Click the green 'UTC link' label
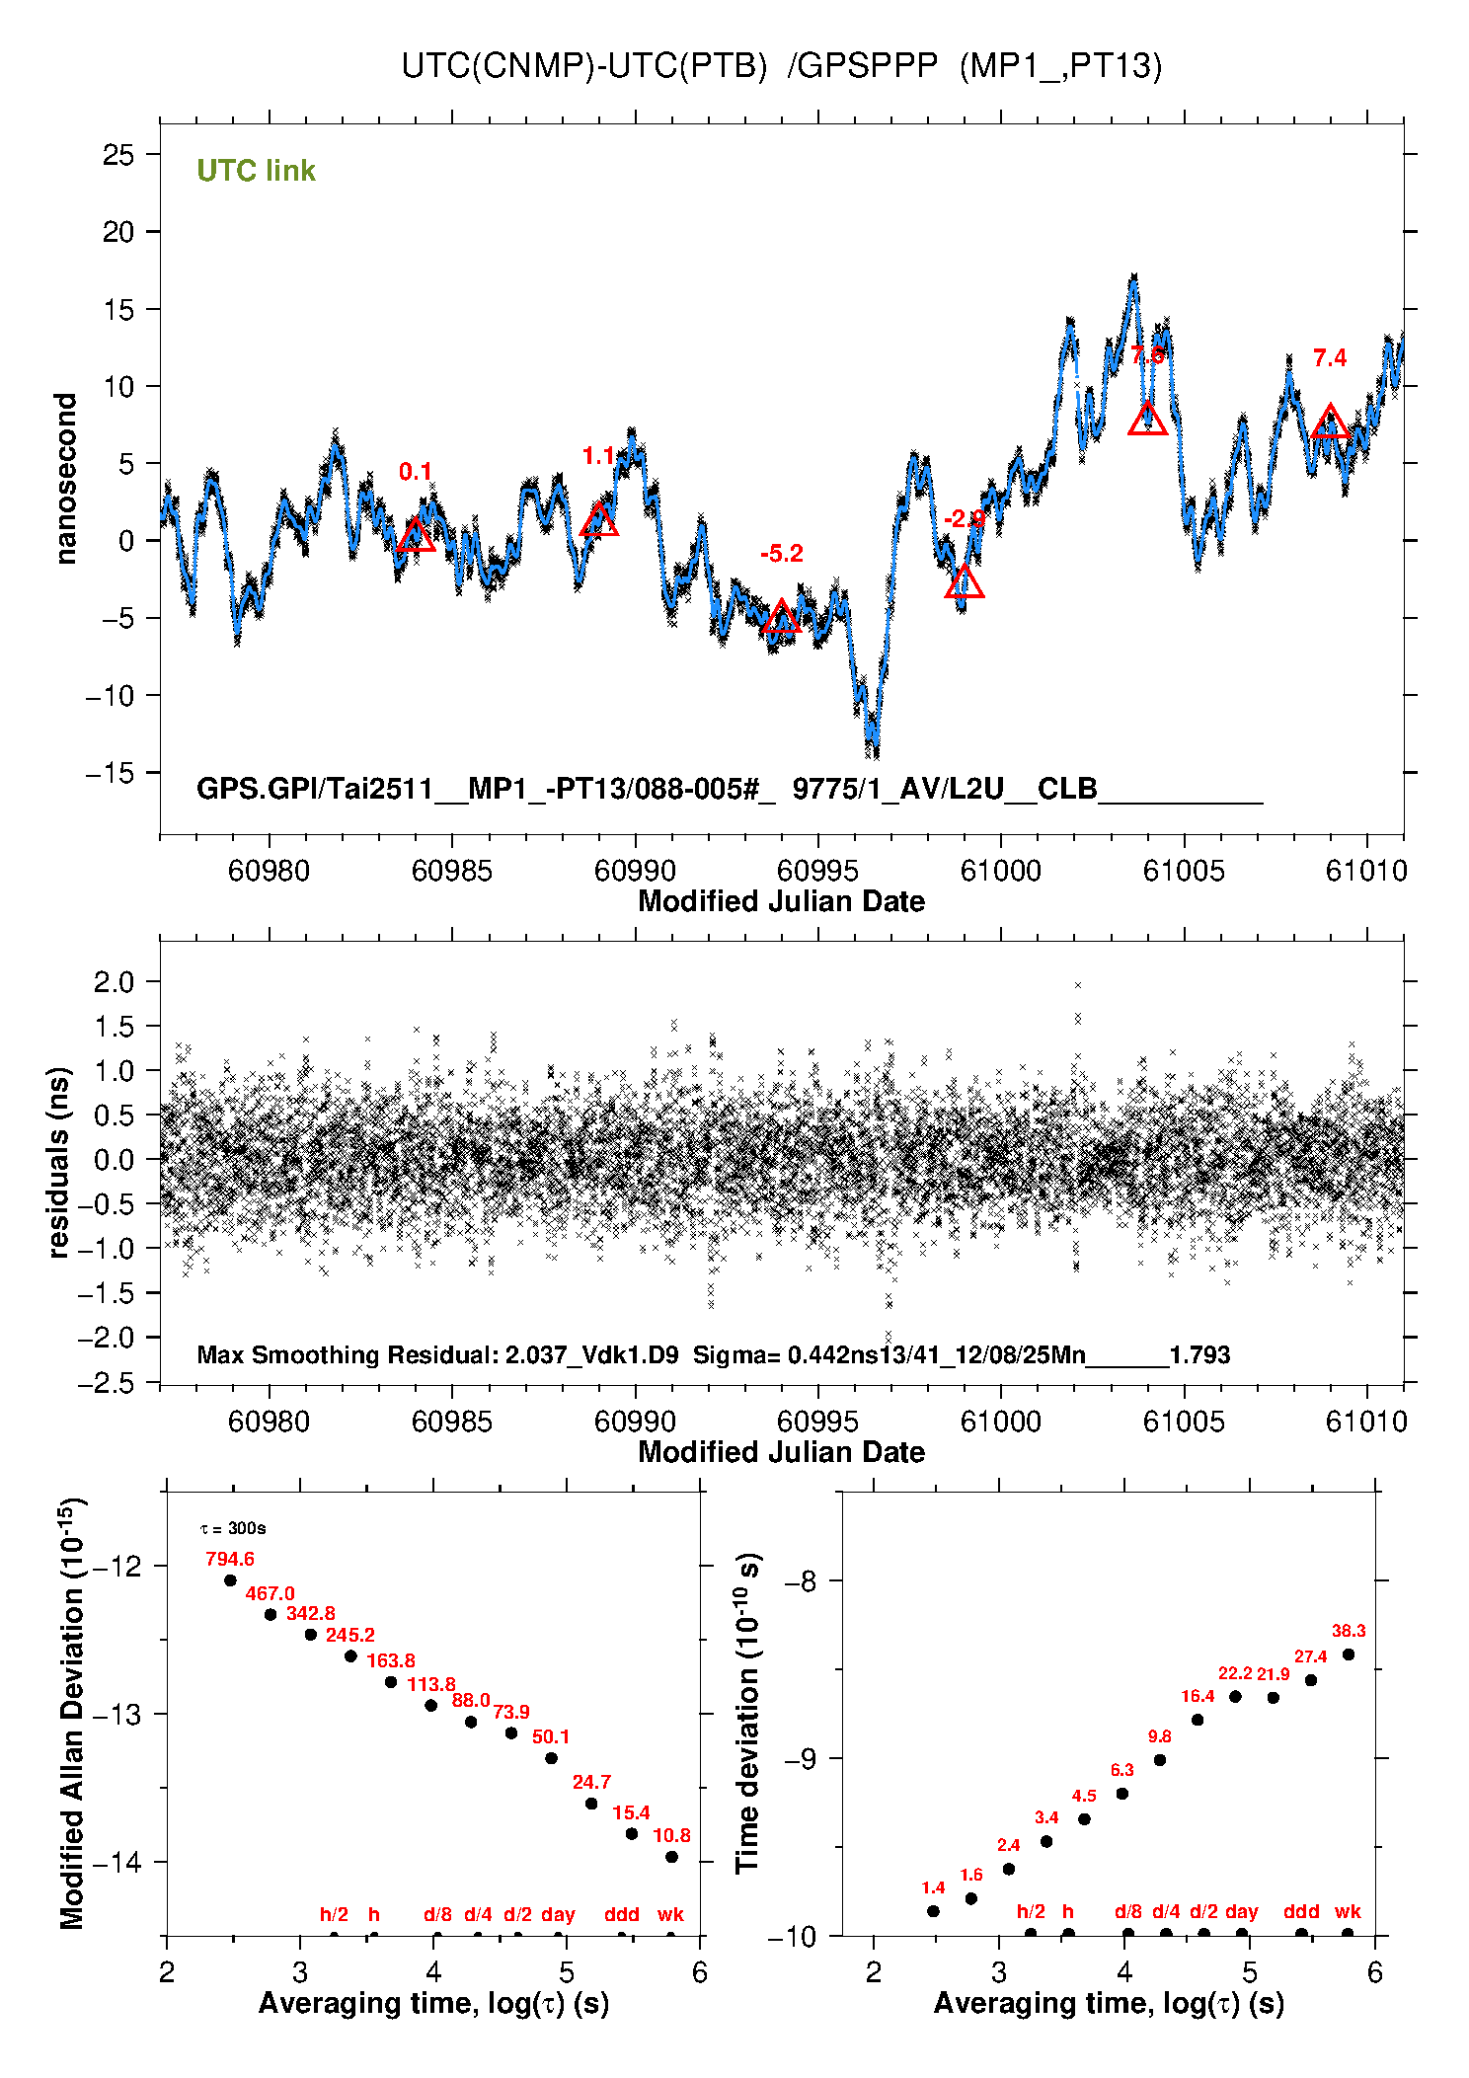point(256,171)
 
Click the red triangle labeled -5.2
point(781,617)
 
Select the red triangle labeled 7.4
point(1330,422)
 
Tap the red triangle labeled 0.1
point(416,536)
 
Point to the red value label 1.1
point(598,456)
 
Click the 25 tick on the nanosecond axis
point(118,155)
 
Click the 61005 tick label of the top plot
point(1184,871)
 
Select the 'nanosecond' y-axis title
point(65,479)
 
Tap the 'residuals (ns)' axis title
point(59,1162)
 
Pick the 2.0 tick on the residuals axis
point(114,982)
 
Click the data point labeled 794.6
point(230,1580)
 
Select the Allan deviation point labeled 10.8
point(671,1857)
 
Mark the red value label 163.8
point(391,1660)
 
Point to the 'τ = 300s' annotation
point(233,1528)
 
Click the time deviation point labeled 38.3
point(1349,1655)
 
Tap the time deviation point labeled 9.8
point(1160,1760)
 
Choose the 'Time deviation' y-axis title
point(747,1714)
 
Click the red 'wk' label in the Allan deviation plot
point(670,1914)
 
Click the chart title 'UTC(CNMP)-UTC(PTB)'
point(583,66)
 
